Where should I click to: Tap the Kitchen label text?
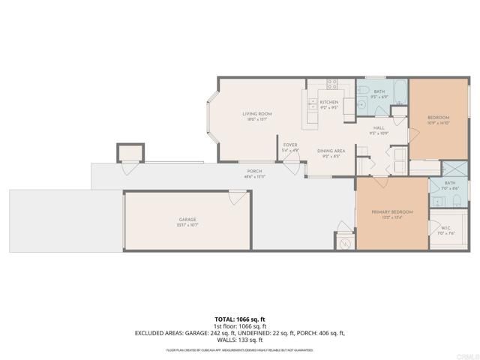coord(329,102)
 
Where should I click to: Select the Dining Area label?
coord(331,151)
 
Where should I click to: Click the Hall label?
coord(379,127)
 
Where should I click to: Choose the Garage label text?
coord(187,219)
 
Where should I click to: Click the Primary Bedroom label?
coord(392,213)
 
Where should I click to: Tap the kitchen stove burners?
coord(331,85)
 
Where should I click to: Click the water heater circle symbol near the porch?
coord(345,243)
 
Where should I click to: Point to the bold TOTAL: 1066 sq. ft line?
coord(240,319)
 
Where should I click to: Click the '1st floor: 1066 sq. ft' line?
coord(240,325)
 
